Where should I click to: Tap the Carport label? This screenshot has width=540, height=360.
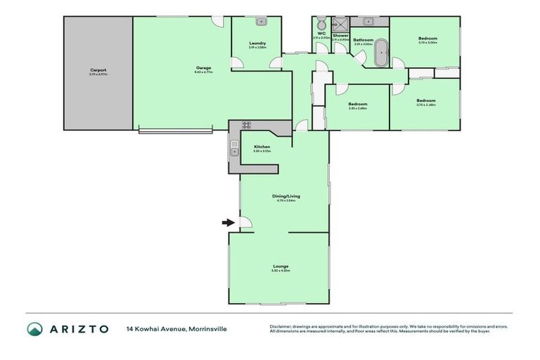point(98,70)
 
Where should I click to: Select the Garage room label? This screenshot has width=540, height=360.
point(204,68)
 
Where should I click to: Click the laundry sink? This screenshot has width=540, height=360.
point(259,22)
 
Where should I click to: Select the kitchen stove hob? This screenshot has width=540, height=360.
point(247,125)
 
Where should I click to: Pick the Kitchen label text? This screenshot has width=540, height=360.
point(262,147)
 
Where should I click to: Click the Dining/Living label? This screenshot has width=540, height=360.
point(285,196)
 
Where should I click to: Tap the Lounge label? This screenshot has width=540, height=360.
point(281,266)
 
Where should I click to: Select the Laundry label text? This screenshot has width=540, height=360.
point(257,44)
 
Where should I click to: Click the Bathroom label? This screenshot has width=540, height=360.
point(363,40)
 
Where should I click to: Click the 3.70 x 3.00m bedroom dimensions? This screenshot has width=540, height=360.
point(427,43)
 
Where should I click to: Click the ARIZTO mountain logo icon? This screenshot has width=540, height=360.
point(34,329)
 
